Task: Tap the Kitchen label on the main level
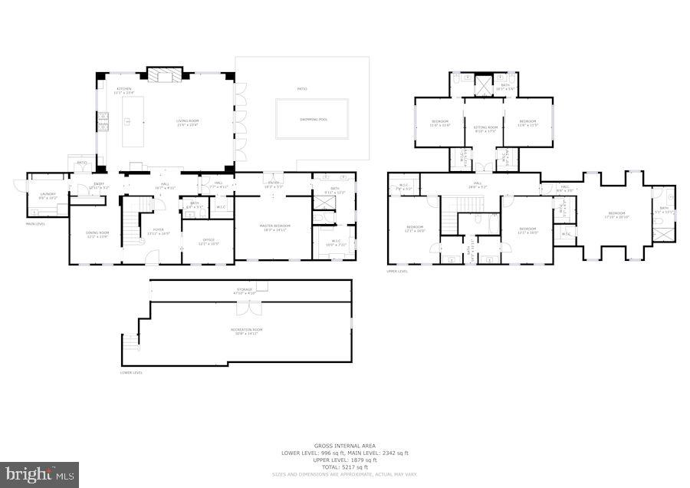(124, 90)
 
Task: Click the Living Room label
(187, 120)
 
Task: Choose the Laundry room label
(38, 194)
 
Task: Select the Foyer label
(158, 229)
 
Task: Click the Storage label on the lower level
(244, 290)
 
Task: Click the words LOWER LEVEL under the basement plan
(132, 373)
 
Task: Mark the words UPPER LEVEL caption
(398, 272)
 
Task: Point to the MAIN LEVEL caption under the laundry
(36, 224)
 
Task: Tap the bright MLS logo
(40, 473)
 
